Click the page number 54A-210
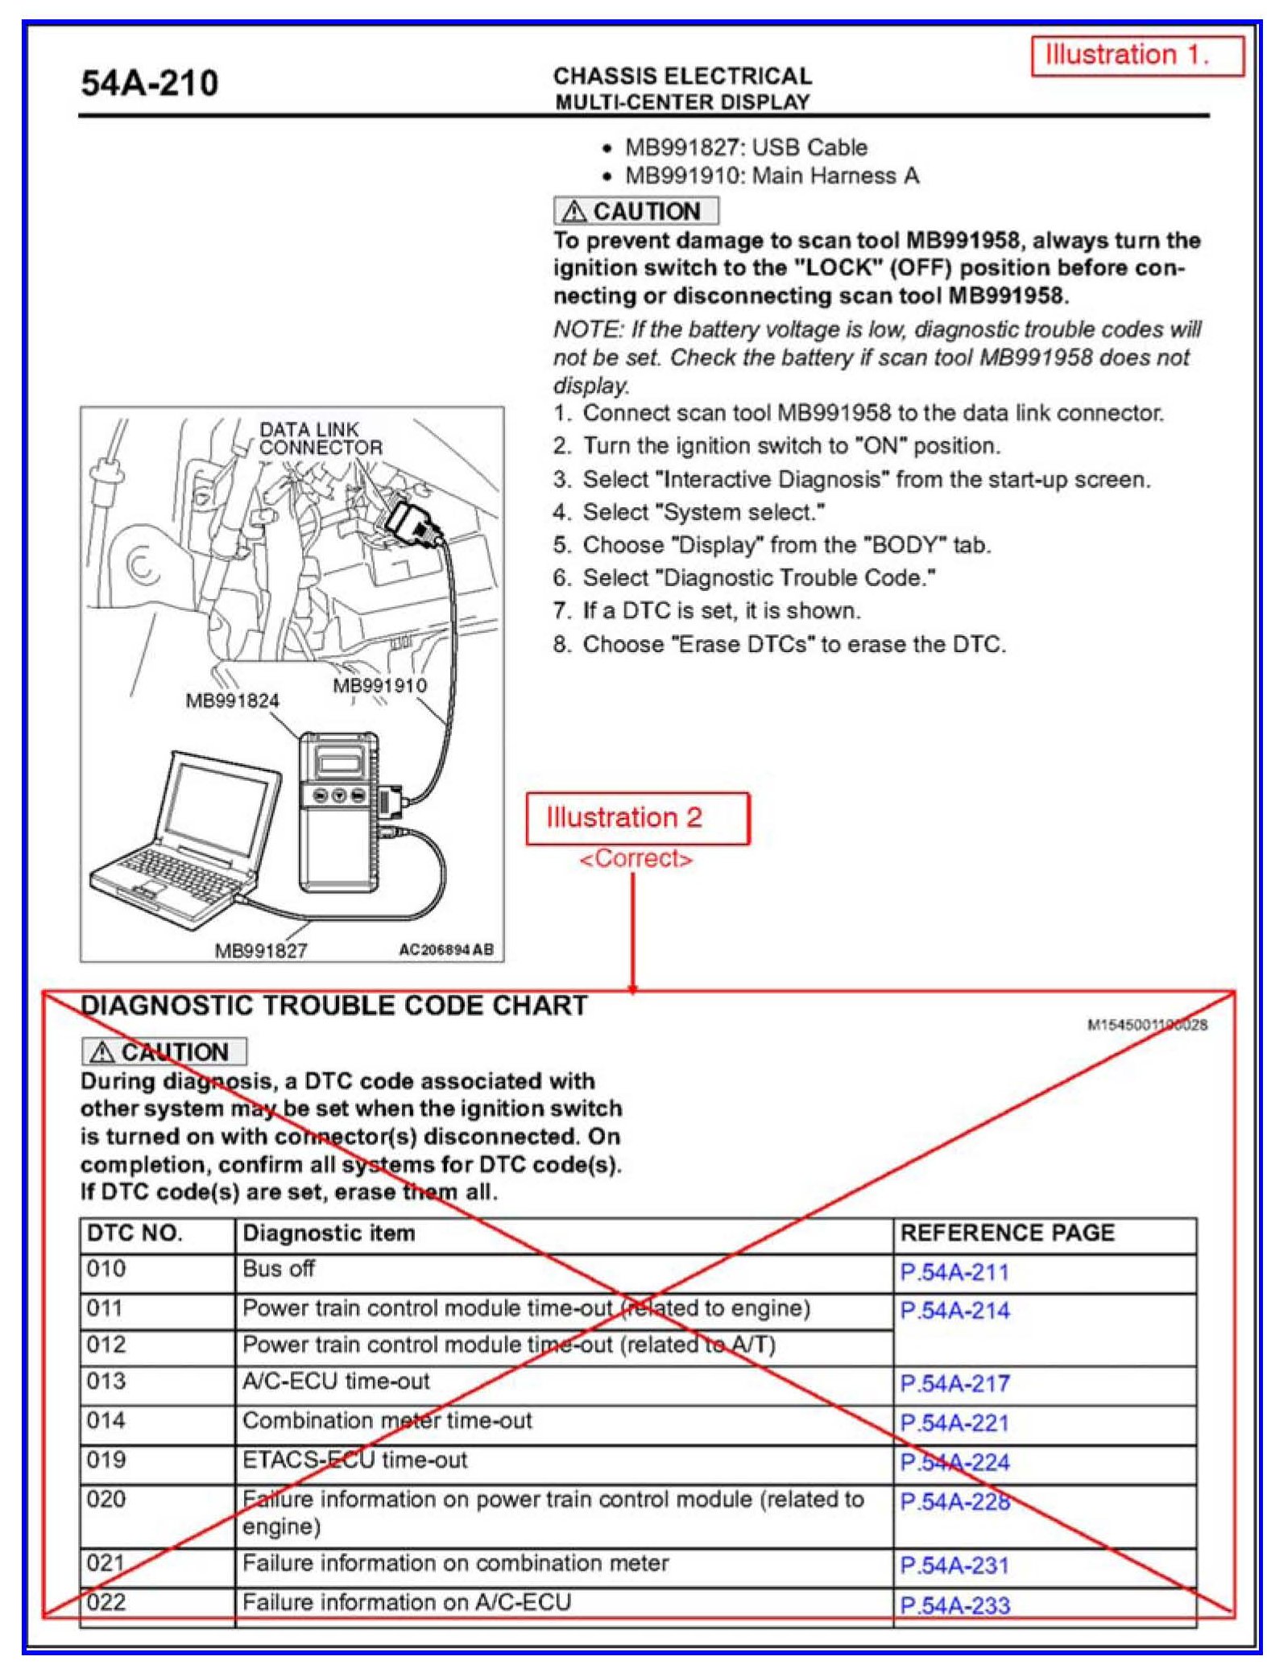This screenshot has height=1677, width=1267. (x=149, y=84)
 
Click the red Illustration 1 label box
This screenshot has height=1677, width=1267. (x=1137, y=56)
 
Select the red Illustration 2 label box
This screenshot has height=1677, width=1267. (x=637, y=818)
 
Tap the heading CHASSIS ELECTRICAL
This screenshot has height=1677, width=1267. (x=682, y=76)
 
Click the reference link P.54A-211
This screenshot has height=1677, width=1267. (x=954, y=1272)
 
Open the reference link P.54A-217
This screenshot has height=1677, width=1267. (x=954, y=1383)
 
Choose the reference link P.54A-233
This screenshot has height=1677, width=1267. (x=954, y=1605)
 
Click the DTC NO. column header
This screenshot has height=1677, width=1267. (x=135, y=1233)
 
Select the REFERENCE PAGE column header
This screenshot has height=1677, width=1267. (x=1007, y=1233)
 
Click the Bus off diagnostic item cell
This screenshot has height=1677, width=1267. (x=279, y=1269)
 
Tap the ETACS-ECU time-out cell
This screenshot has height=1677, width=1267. (x=354, y=1460)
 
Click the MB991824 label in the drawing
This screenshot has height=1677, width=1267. (x=232, y=700)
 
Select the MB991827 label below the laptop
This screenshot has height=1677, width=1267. (x=261, y=950)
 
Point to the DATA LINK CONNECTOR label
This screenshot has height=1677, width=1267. (x=320, y=439)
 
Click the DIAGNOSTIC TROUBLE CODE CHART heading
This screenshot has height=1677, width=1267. (x=334, y=1006)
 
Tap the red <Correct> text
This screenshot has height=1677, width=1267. (x=636, y=859)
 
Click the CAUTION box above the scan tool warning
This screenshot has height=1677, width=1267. (x=636, y=211)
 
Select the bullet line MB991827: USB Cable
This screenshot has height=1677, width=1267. (x=745, y=147)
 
